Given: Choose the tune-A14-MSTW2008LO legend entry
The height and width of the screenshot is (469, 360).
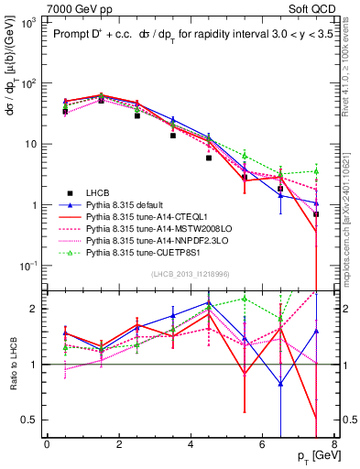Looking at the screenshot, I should (x=147, y=230).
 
